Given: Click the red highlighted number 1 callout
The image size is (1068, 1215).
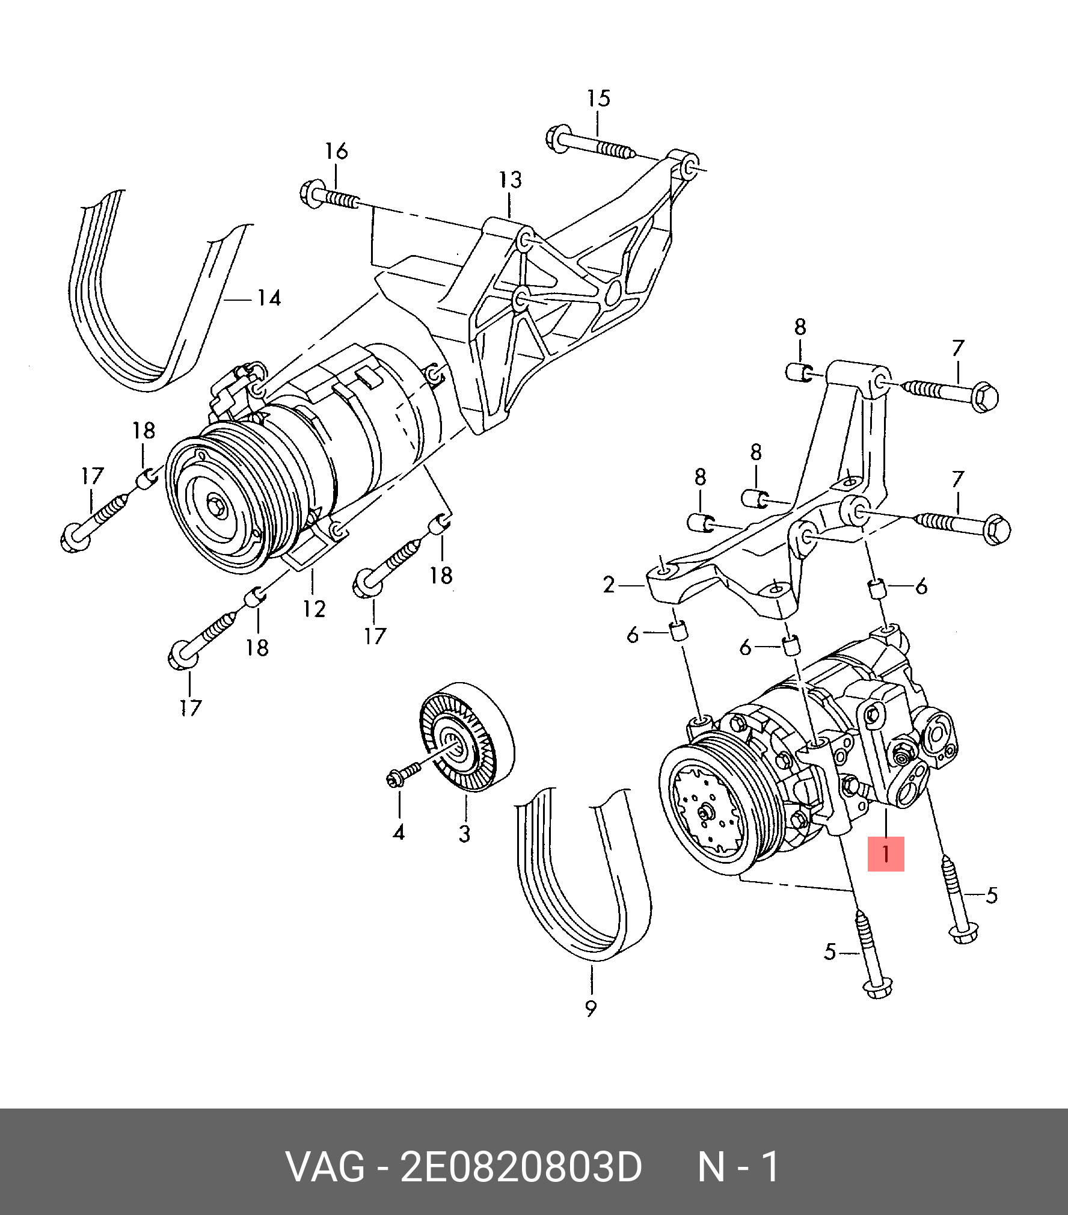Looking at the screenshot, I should pyautogui.click(x=885, y=854).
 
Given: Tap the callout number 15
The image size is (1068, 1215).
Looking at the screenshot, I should pyautogui.click(x=598, y=99).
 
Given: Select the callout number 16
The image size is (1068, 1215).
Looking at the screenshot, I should pyautogui.click(x=336, y=152).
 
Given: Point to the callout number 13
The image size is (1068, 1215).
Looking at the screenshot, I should pyautogui.click(x=510, y=180).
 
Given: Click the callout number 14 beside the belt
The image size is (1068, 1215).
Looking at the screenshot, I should pyautogui.click(x=269, y=298).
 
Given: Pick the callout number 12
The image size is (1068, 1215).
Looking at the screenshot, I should pyautogui.click(x=314, y=609).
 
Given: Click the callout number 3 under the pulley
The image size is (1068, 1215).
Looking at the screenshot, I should pyautogui.click(x=464, y=834).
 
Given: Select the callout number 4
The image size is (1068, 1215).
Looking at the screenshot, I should pyautogui.click(x=399, y=833).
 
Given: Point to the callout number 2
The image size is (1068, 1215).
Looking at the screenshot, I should pyautogui.click(x=609, y=585).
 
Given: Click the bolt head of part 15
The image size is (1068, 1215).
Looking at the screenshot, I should pyautogui.click(x=559, y=140).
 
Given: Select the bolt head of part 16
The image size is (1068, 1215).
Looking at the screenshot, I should pyautogui.click(x=312, y=193).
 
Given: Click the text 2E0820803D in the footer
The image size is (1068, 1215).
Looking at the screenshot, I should pyautogui.click(x=521, y=1167).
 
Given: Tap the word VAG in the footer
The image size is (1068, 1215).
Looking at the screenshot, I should pyautogui.click(x=325, y=1167).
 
